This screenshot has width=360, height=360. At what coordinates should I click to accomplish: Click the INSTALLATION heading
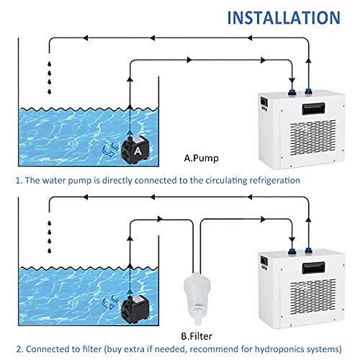tap(284, 17)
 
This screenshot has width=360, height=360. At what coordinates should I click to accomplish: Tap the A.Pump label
tap(201, 158)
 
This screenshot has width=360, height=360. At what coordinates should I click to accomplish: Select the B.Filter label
tap(197, 336)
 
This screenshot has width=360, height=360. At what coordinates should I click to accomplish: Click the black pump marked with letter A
tap(135, 150)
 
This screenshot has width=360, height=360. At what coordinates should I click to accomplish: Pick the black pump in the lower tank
tap(135, 310)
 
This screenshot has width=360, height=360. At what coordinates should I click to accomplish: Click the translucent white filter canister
tap(197, 297)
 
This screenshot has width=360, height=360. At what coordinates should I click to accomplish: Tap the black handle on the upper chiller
tap(313, 109)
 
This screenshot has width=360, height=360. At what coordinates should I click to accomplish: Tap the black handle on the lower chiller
tap(313, 268)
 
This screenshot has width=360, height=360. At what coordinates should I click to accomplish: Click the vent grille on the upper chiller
tap(313, 138)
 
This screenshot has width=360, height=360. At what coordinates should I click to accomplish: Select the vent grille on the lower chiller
tap(313, 297)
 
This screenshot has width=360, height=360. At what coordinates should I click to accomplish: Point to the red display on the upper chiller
tap(264, 102)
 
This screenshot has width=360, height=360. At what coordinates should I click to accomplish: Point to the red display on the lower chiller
tap(264, 261)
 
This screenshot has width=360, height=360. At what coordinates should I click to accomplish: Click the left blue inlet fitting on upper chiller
tap(292, 92)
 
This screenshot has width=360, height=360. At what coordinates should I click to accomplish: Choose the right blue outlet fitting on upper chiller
tap(309, 91)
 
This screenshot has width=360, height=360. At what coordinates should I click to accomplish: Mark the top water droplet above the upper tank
tap(50, 64)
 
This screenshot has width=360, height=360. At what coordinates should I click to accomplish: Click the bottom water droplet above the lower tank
tap(50, 251)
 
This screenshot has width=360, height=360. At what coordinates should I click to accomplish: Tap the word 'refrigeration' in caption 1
tap(275, 181)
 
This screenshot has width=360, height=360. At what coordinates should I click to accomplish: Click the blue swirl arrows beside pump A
tap(110, 149)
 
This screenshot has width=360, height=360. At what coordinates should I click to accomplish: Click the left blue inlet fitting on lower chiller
tap(292, 251)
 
